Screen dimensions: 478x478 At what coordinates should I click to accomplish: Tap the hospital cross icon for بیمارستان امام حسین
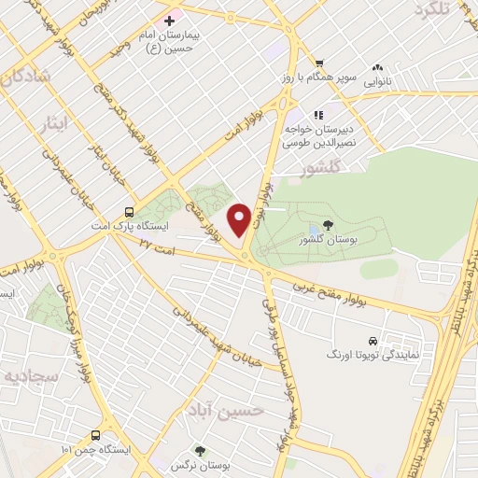[x=169, y=20]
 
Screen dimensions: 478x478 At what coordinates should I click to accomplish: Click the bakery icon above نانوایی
[x=378, y=67]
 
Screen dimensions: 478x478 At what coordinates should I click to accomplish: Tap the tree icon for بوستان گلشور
[x=328, y=224]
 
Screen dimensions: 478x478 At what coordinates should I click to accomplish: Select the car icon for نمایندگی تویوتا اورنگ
[x=373, y=341]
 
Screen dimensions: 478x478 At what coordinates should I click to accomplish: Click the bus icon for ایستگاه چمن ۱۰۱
[x=96, y=435]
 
